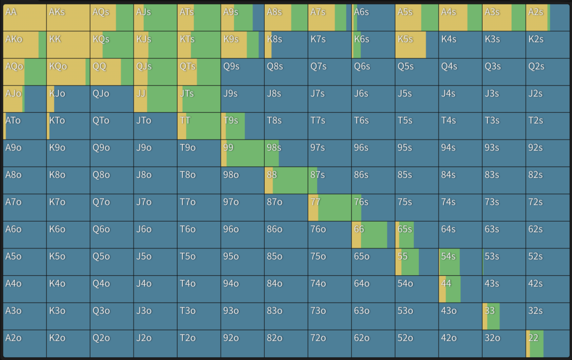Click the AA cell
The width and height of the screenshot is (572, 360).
(25, 17)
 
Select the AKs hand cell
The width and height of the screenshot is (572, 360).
(68, 17)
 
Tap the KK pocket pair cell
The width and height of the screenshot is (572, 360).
(68, 45)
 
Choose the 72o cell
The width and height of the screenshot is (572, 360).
(330, 343)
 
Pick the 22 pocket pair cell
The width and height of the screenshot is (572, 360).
(547, 343)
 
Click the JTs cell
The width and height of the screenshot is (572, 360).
(199, 99)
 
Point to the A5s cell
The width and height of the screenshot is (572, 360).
(417, 17)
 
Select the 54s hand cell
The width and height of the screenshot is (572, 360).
(460, 262)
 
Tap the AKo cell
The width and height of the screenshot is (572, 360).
(25, 45)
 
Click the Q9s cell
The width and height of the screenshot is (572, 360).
(242, 71)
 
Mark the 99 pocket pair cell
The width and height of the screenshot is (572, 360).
(242, 153)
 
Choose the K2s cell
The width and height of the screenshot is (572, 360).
(547, 45)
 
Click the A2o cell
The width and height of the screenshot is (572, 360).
(25, 343)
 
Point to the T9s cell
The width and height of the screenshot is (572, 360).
(242, 126)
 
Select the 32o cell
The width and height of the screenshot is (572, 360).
(504, 343)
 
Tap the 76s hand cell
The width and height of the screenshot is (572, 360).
(373, 207)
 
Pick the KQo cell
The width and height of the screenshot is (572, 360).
(68, 71)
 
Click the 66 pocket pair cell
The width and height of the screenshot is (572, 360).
(373, 234)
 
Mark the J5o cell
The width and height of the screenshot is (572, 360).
(155, 262)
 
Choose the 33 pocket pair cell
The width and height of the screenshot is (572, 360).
(504, 316)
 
